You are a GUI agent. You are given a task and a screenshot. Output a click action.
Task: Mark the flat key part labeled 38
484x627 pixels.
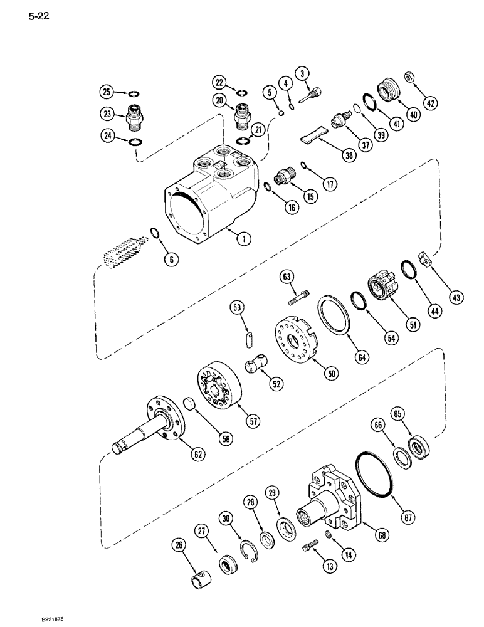click(305, 136)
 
